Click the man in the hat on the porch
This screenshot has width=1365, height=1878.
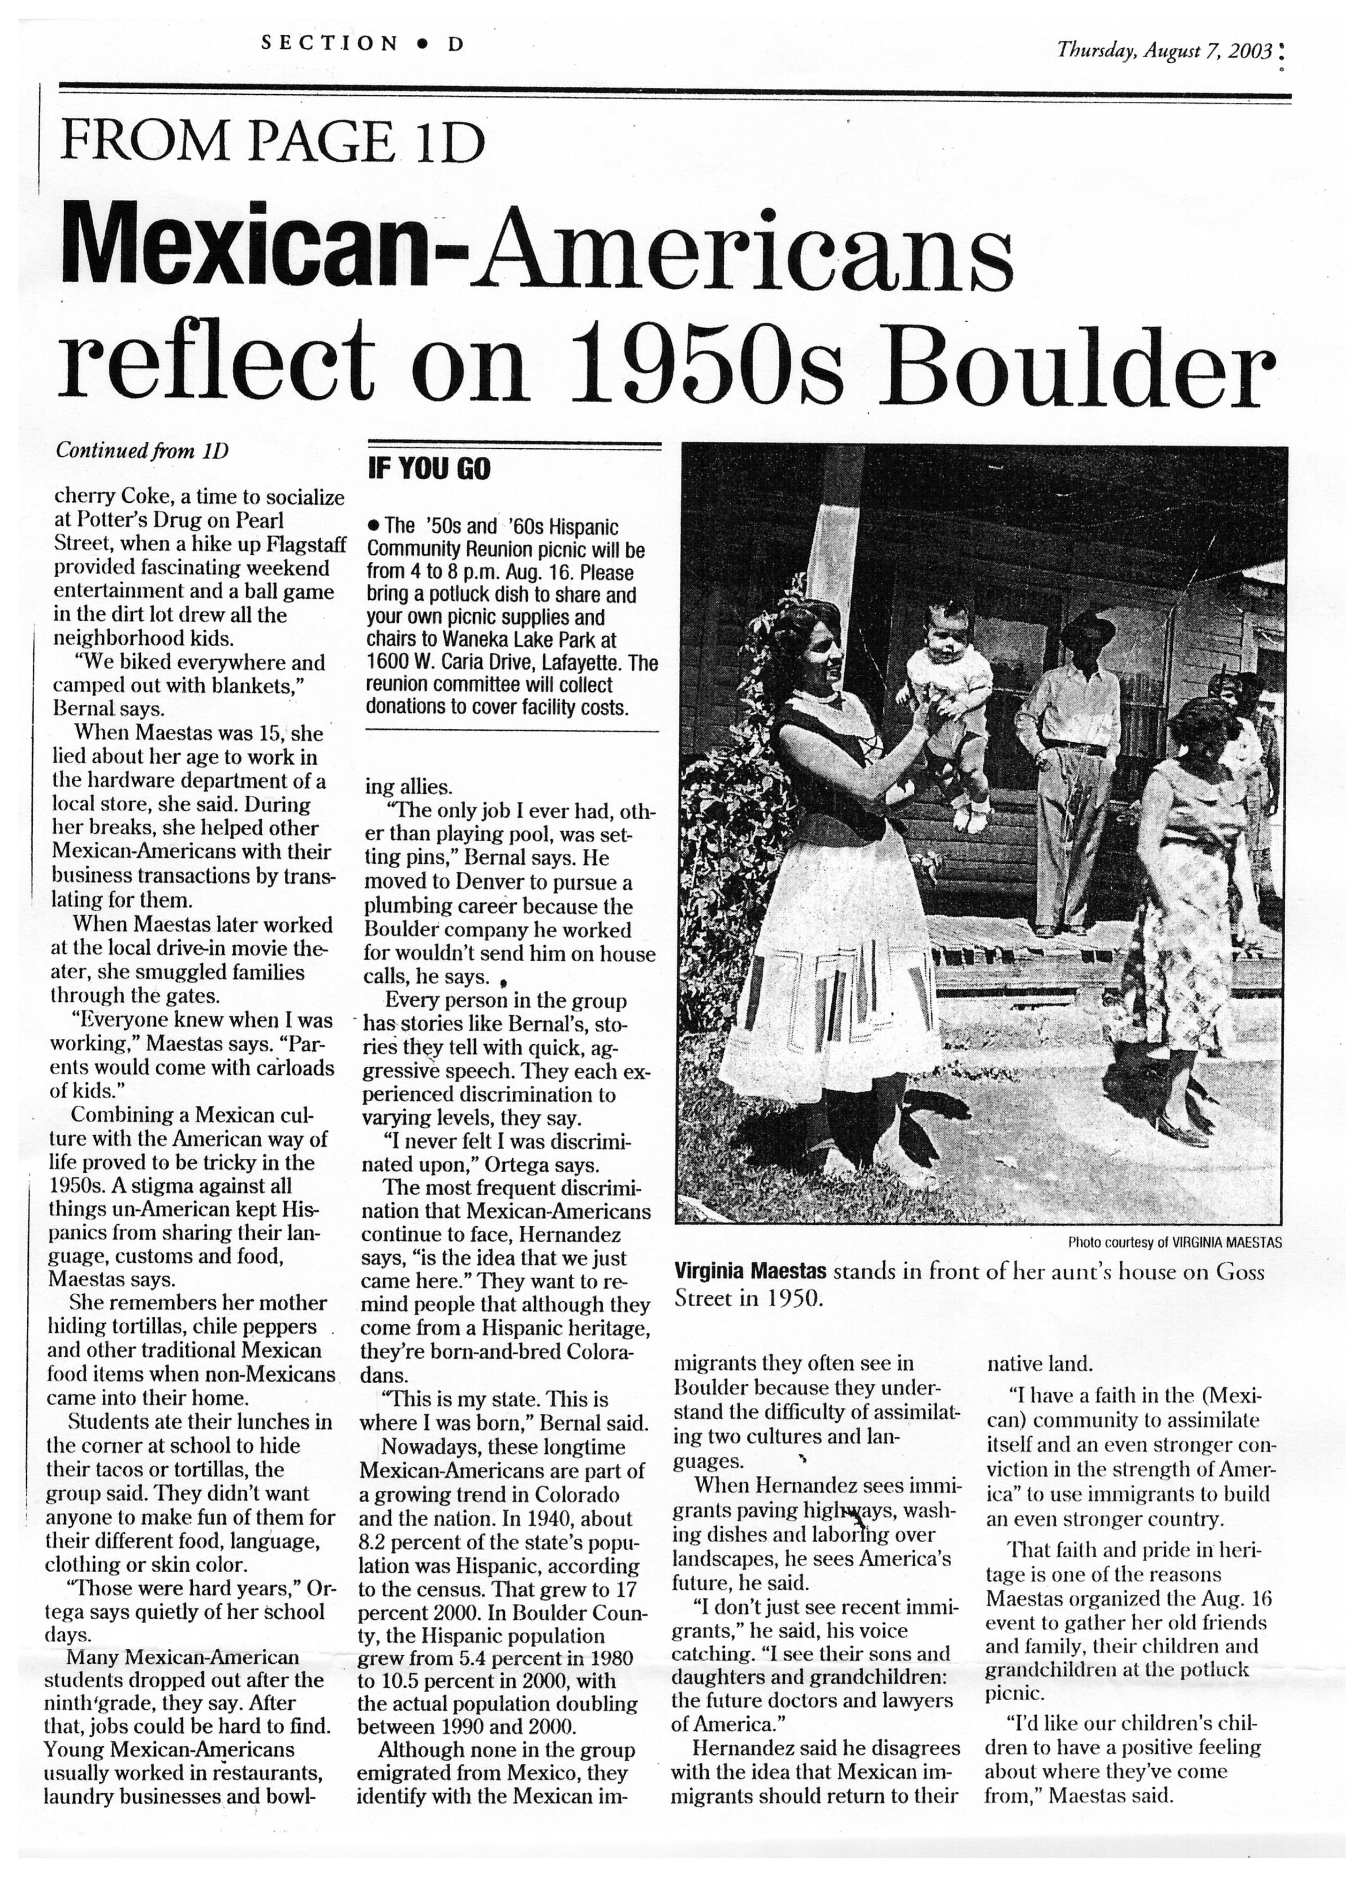tap(1070, 745)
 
